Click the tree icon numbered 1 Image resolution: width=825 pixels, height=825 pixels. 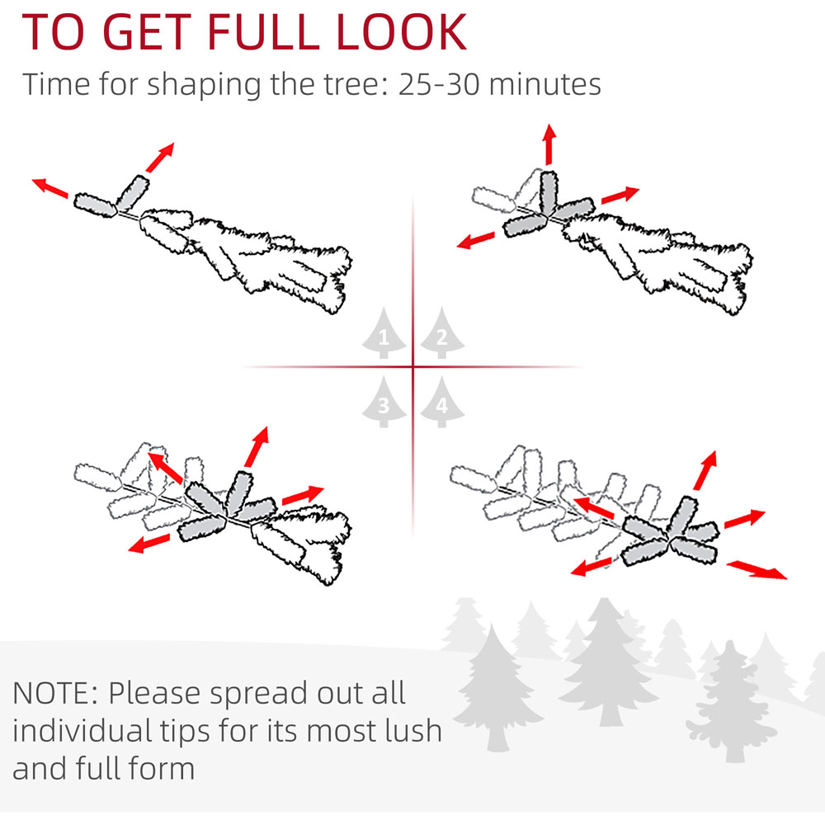click(384, 333)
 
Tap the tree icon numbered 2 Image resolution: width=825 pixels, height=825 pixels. click(442, 333)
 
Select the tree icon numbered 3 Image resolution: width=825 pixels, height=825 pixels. click(384, 402)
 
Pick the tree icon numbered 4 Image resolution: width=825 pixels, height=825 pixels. click(442, 402)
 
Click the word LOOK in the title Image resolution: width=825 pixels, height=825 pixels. click(401, 32)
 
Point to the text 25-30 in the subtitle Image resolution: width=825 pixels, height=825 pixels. click(439, 84)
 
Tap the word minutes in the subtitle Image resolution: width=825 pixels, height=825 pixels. click(545, 84)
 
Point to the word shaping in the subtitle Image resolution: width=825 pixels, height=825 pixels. click(204, 85)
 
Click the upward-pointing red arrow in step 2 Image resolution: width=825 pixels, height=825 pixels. click(549, 144)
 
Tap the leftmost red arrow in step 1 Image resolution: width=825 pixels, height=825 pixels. click(50, 188)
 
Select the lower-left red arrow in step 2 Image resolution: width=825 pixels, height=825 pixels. click(476, 240)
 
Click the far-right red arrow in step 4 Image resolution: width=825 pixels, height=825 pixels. click(757, 570)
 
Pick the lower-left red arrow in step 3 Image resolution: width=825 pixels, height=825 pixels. click(149, 544)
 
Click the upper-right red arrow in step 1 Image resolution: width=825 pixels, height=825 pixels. click(160, 158)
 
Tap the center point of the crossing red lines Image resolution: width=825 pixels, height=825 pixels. click(413, 366)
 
